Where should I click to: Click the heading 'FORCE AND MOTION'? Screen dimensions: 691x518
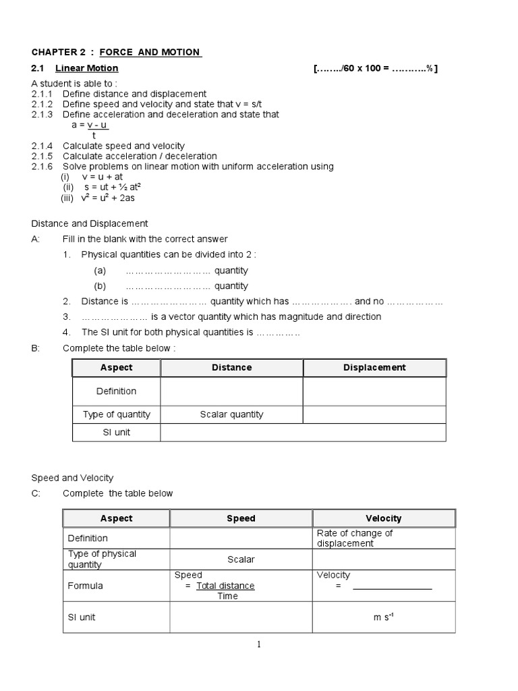tap(149, 52)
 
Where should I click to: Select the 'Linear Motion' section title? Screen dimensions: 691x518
tap(86, 68)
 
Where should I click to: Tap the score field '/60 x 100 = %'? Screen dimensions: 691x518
tap(376, 68)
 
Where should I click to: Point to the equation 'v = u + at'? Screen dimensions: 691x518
tap(102, 177)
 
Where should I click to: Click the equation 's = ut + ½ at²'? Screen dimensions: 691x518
tap(111, 187)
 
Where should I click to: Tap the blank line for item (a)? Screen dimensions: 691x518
tap(168, 271)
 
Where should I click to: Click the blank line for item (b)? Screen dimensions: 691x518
tap(168, 286)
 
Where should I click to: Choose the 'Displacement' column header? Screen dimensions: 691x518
tap(374, 368)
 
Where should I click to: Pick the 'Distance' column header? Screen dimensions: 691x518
tap(231, 368)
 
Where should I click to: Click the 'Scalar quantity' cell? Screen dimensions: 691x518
tap(231, 414)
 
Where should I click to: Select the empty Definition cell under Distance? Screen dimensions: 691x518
tap(231, 391)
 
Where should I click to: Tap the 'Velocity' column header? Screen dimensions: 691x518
tap(383, 518)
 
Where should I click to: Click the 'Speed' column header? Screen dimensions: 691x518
tap(241, 518)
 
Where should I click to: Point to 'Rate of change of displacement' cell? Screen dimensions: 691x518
tap(355, 538)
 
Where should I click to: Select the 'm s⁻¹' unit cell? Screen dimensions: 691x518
tap(383, 617)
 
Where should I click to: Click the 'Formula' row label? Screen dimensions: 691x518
tap(86, 586)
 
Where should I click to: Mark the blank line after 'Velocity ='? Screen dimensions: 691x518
tap(392, 586)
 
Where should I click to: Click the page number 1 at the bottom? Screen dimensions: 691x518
tap(258, 645)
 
